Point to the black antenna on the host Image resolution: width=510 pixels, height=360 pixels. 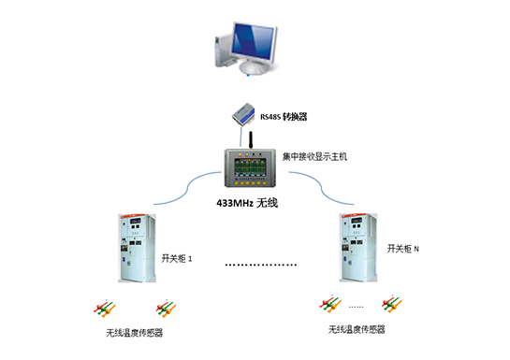point(251,139)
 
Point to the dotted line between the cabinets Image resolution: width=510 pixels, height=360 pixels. point(261,266)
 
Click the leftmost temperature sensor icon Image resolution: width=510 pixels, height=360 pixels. point(103,308)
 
